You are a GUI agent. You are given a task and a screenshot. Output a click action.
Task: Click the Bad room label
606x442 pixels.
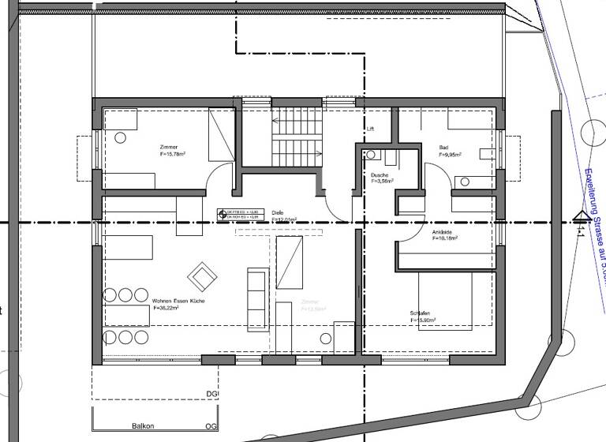point(444,148)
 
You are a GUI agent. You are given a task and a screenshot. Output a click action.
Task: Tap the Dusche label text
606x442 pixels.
point(379,175)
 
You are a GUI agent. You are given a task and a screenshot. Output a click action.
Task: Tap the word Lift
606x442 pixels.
point(369,128)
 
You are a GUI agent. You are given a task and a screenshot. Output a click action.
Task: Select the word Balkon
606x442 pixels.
point(143,425)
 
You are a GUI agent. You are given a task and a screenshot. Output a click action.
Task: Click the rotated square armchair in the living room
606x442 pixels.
point(202,275)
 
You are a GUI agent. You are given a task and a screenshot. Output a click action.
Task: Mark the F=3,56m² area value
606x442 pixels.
point(383,181)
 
